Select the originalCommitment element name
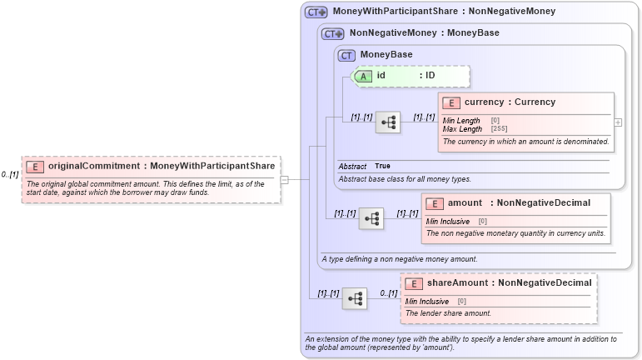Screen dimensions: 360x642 [x=94, y=166]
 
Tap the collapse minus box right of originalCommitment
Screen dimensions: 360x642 [x=284, y=178]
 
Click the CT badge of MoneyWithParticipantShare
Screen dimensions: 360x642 [x=316, y=12]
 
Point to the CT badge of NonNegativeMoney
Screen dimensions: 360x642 [x=333, y=34]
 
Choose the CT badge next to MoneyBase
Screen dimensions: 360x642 [x=346, y=55]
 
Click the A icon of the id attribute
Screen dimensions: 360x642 [x=363, y=76]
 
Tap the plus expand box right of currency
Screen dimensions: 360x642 [x=618, y=122]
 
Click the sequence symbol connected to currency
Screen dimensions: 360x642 [x=388, y=122]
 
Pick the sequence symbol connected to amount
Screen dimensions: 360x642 [x=371, y=218]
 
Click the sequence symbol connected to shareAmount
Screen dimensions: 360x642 [x=355, y=297]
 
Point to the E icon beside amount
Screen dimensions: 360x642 [x=435, y=203]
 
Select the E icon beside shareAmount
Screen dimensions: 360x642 [x=414, y=283]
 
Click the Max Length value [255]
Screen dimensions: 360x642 [x=499, y=129]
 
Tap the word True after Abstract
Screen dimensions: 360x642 [x=382, y=166]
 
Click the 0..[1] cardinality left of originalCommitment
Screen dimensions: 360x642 [x=10, y=175]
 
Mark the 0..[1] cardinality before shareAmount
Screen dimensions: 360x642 [x=388, y=293]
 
